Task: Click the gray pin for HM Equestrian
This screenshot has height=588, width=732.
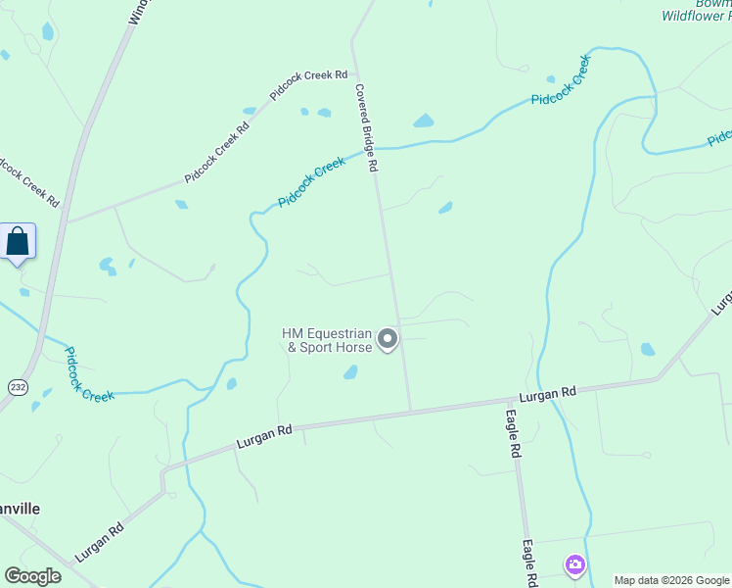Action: point(388,339)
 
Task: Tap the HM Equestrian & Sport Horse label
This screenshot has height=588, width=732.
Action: point(327,340)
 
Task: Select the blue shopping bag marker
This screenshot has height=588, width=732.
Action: point(18,241)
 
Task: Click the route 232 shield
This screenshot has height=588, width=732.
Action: point(18,388)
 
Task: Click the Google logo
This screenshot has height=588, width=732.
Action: point(33,576)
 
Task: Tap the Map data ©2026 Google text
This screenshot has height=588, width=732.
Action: point(671,580)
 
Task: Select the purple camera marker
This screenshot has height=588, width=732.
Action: point(574,564)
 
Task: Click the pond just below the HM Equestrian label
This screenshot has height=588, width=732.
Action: point(350,372)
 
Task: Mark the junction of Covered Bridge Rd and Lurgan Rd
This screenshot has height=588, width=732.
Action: point(410,410)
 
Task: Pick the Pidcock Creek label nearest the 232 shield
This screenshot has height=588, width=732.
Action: point(89,373)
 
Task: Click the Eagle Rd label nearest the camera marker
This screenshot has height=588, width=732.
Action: point(529,563)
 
